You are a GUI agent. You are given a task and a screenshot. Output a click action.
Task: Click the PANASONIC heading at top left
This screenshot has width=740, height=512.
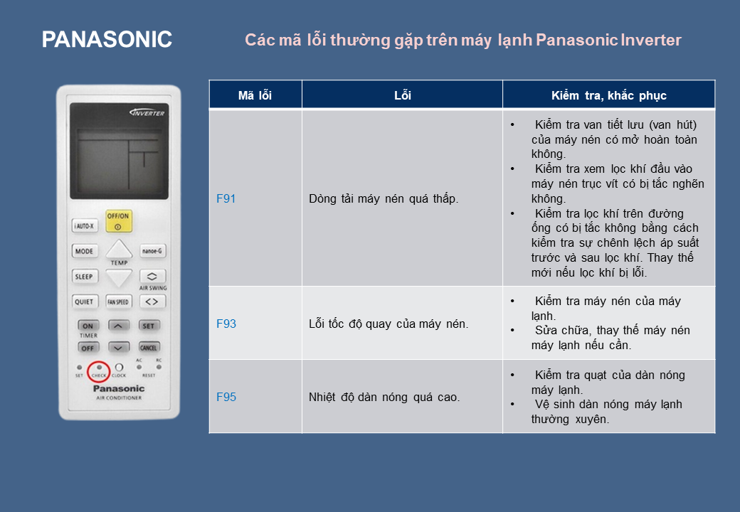coord(107,40)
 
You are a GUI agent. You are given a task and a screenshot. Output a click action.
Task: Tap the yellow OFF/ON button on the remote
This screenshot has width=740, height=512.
coord(118,221)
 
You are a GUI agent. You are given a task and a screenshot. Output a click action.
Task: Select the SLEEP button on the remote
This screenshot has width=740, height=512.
coord(85,277)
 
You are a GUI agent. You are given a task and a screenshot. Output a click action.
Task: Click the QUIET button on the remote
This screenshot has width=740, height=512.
coord(85,302)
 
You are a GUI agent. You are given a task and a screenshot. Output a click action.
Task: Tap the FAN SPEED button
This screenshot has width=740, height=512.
coord(118,302)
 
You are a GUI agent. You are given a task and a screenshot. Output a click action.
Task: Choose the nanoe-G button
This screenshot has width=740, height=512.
coord(152,251)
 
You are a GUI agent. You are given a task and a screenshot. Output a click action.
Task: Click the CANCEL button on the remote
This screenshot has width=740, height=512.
coord(149,348)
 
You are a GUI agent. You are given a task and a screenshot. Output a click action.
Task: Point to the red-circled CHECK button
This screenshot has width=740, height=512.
coord(99,371)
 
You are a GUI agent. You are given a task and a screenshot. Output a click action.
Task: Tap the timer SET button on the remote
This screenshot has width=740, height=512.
coord(149,326)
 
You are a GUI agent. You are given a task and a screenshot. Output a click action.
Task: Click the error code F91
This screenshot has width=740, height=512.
coord(226,198)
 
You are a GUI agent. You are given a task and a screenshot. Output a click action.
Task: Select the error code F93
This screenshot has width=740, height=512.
coord(226,324)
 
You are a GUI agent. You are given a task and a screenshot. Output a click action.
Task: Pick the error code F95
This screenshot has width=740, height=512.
coord(226,397)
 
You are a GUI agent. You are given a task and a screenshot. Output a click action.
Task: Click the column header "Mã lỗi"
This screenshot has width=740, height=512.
coord(255,96)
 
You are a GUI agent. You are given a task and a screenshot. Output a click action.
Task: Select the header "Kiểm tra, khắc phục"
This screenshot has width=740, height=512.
coord(609,96)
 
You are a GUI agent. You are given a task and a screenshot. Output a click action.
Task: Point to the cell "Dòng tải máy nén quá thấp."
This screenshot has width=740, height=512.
coord(384,199)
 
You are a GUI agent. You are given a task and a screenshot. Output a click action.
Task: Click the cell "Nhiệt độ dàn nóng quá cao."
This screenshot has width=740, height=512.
coord(384,398)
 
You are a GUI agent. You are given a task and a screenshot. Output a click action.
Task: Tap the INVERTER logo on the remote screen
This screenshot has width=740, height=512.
coord(147,113)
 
